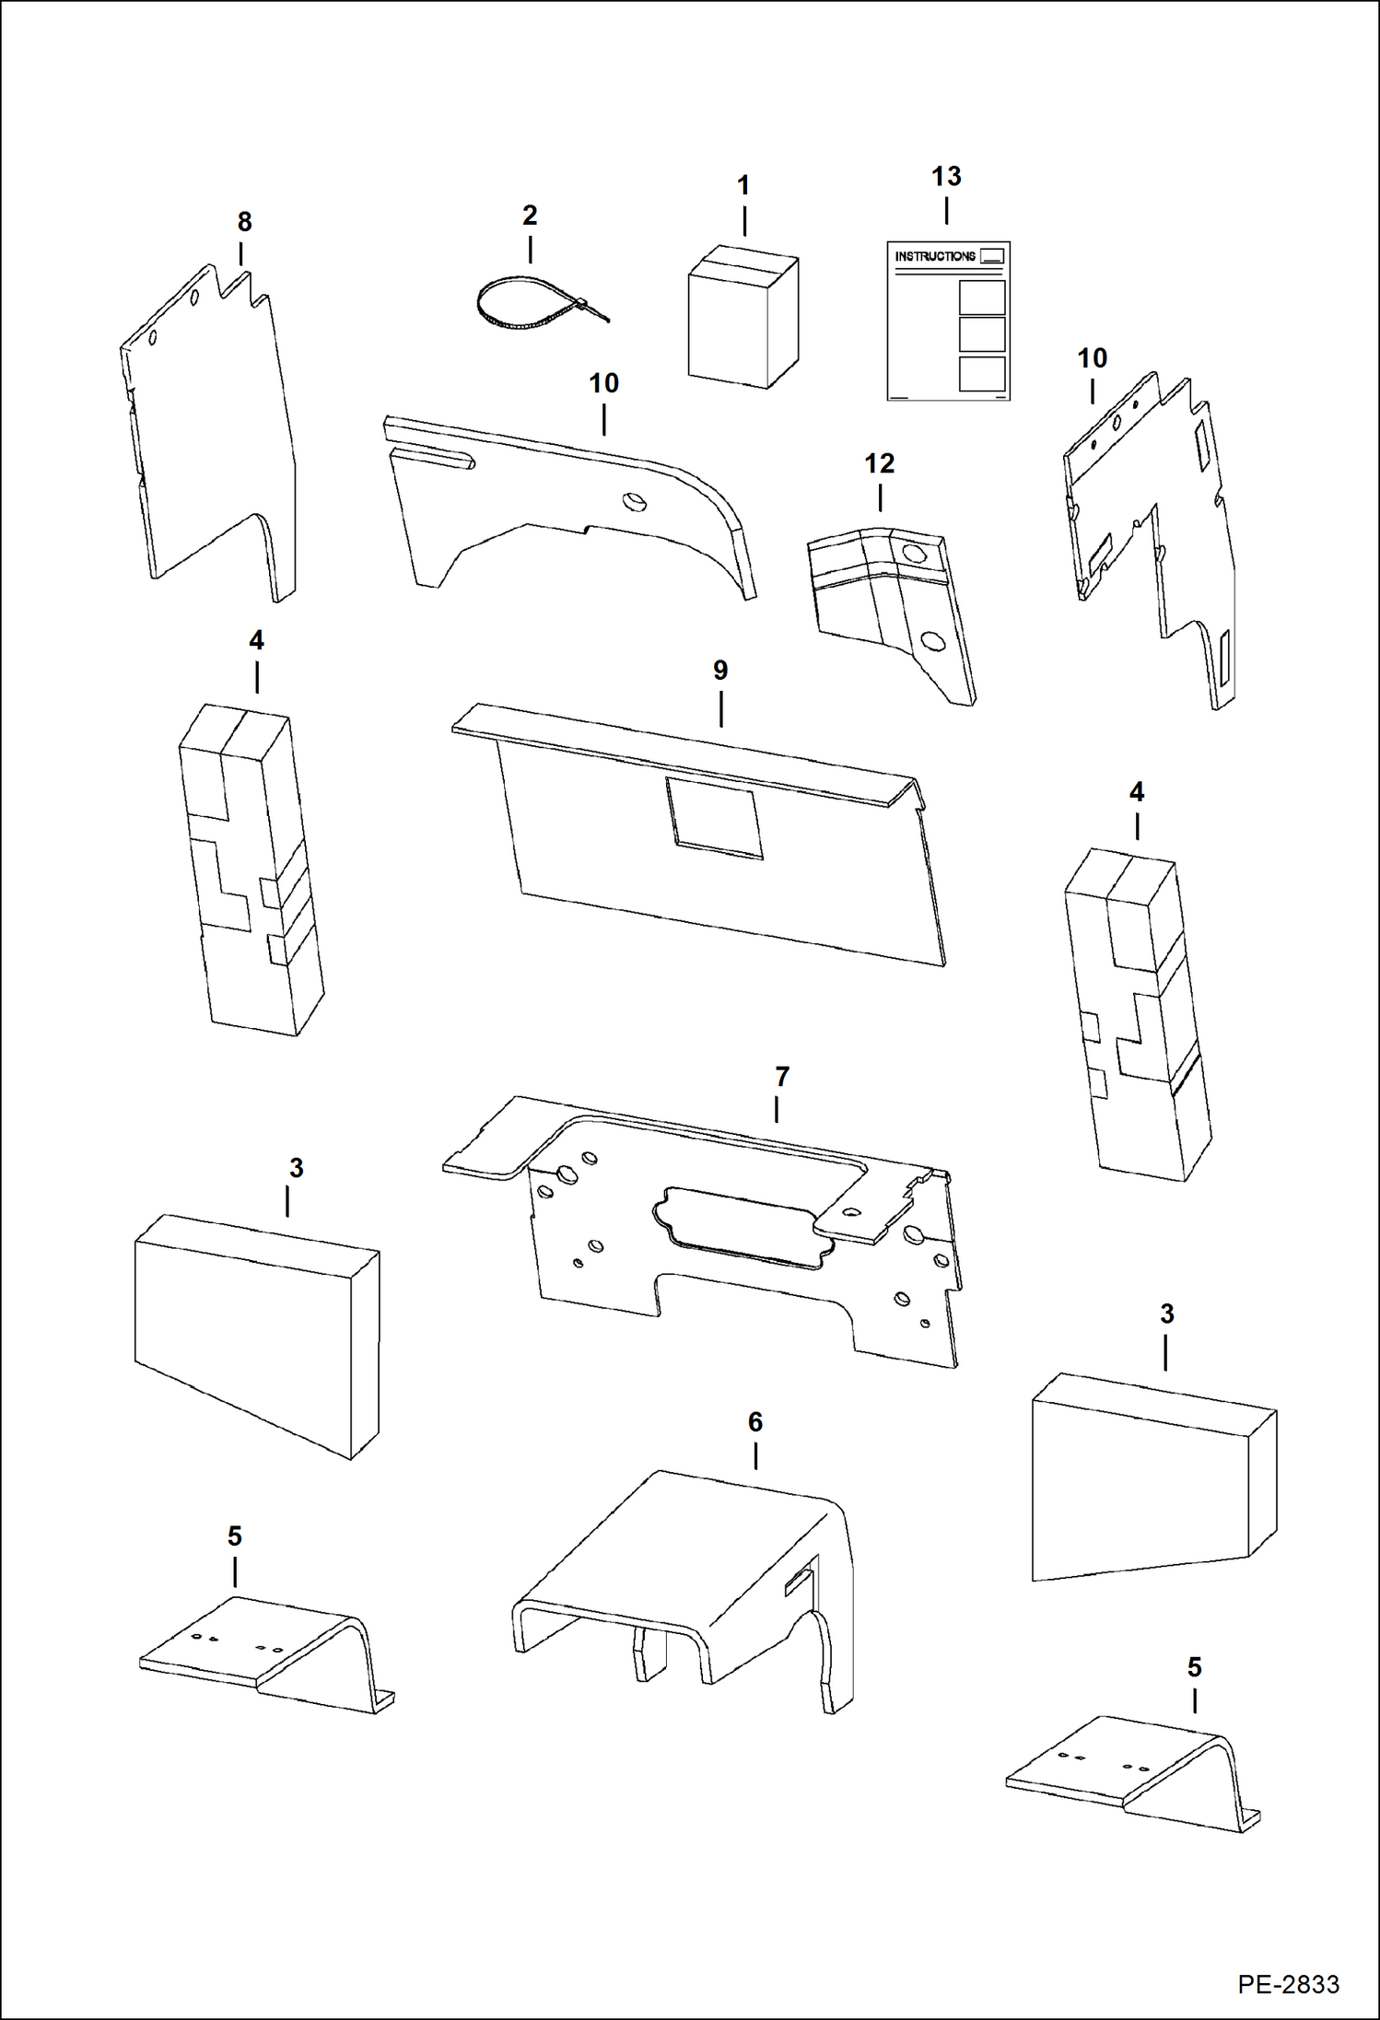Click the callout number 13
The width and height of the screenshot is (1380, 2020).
(x=946, y=176)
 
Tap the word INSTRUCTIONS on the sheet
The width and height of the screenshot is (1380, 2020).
(x=935, y=256)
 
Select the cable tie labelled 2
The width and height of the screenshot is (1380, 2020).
(x=539, y=305)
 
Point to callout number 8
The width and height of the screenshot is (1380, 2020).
(x=244, y=222)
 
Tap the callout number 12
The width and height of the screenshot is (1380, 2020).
(x=880, y=463)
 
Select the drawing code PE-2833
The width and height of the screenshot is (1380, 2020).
(x=1288, y=1983)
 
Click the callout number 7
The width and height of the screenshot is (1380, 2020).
(x=782, y=1076)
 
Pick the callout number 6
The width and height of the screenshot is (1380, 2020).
(x=755, y=1422)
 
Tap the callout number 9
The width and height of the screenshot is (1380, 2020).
(x=720, y=670)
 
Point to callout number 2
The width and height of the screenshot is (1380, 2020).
(x=530, y=215)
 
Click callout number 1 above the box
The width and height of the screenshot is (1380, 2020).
(x=743, y=185)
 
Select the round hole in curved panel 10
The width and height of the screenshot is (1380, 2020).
(x=635, y=501)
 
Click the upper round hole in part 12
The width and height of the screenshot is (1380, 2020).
(x=914, y=553)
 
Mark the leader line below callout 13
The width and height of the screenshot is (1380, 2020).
(x=946, y=211)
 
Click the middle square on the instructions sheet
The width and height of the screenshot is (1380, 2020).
(x=982, y=333)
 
